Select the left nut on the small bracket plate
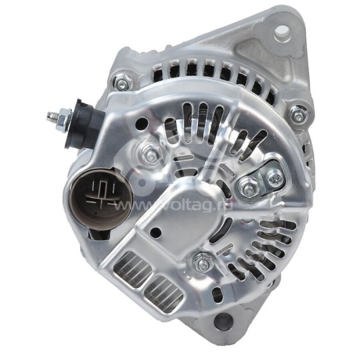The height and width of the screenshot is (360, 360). click(x=248, y=189)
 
